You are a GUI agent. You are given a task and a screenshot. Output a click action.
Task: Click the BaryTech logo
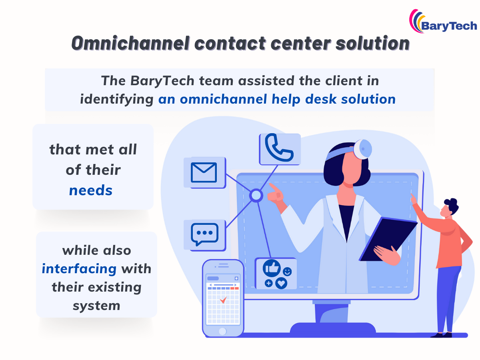443,22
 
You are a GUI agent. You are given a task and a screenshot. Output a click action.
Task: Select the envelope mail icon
204,172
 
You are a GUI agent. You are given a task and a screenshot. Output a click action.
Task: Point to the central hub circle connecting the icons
256,196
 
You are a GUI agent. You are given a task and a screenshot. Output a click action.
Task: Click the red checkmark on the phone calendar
223,299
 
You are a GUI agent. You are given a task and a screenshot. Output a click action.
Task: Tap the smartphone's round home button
222,331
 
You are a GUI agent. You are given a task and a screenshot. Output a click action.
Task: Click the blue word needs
91,190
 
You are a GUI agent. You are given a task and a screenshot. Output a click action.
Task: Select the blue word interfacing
79,268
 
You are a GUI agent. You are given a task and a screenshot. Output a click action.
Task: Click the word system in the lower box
96,306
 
